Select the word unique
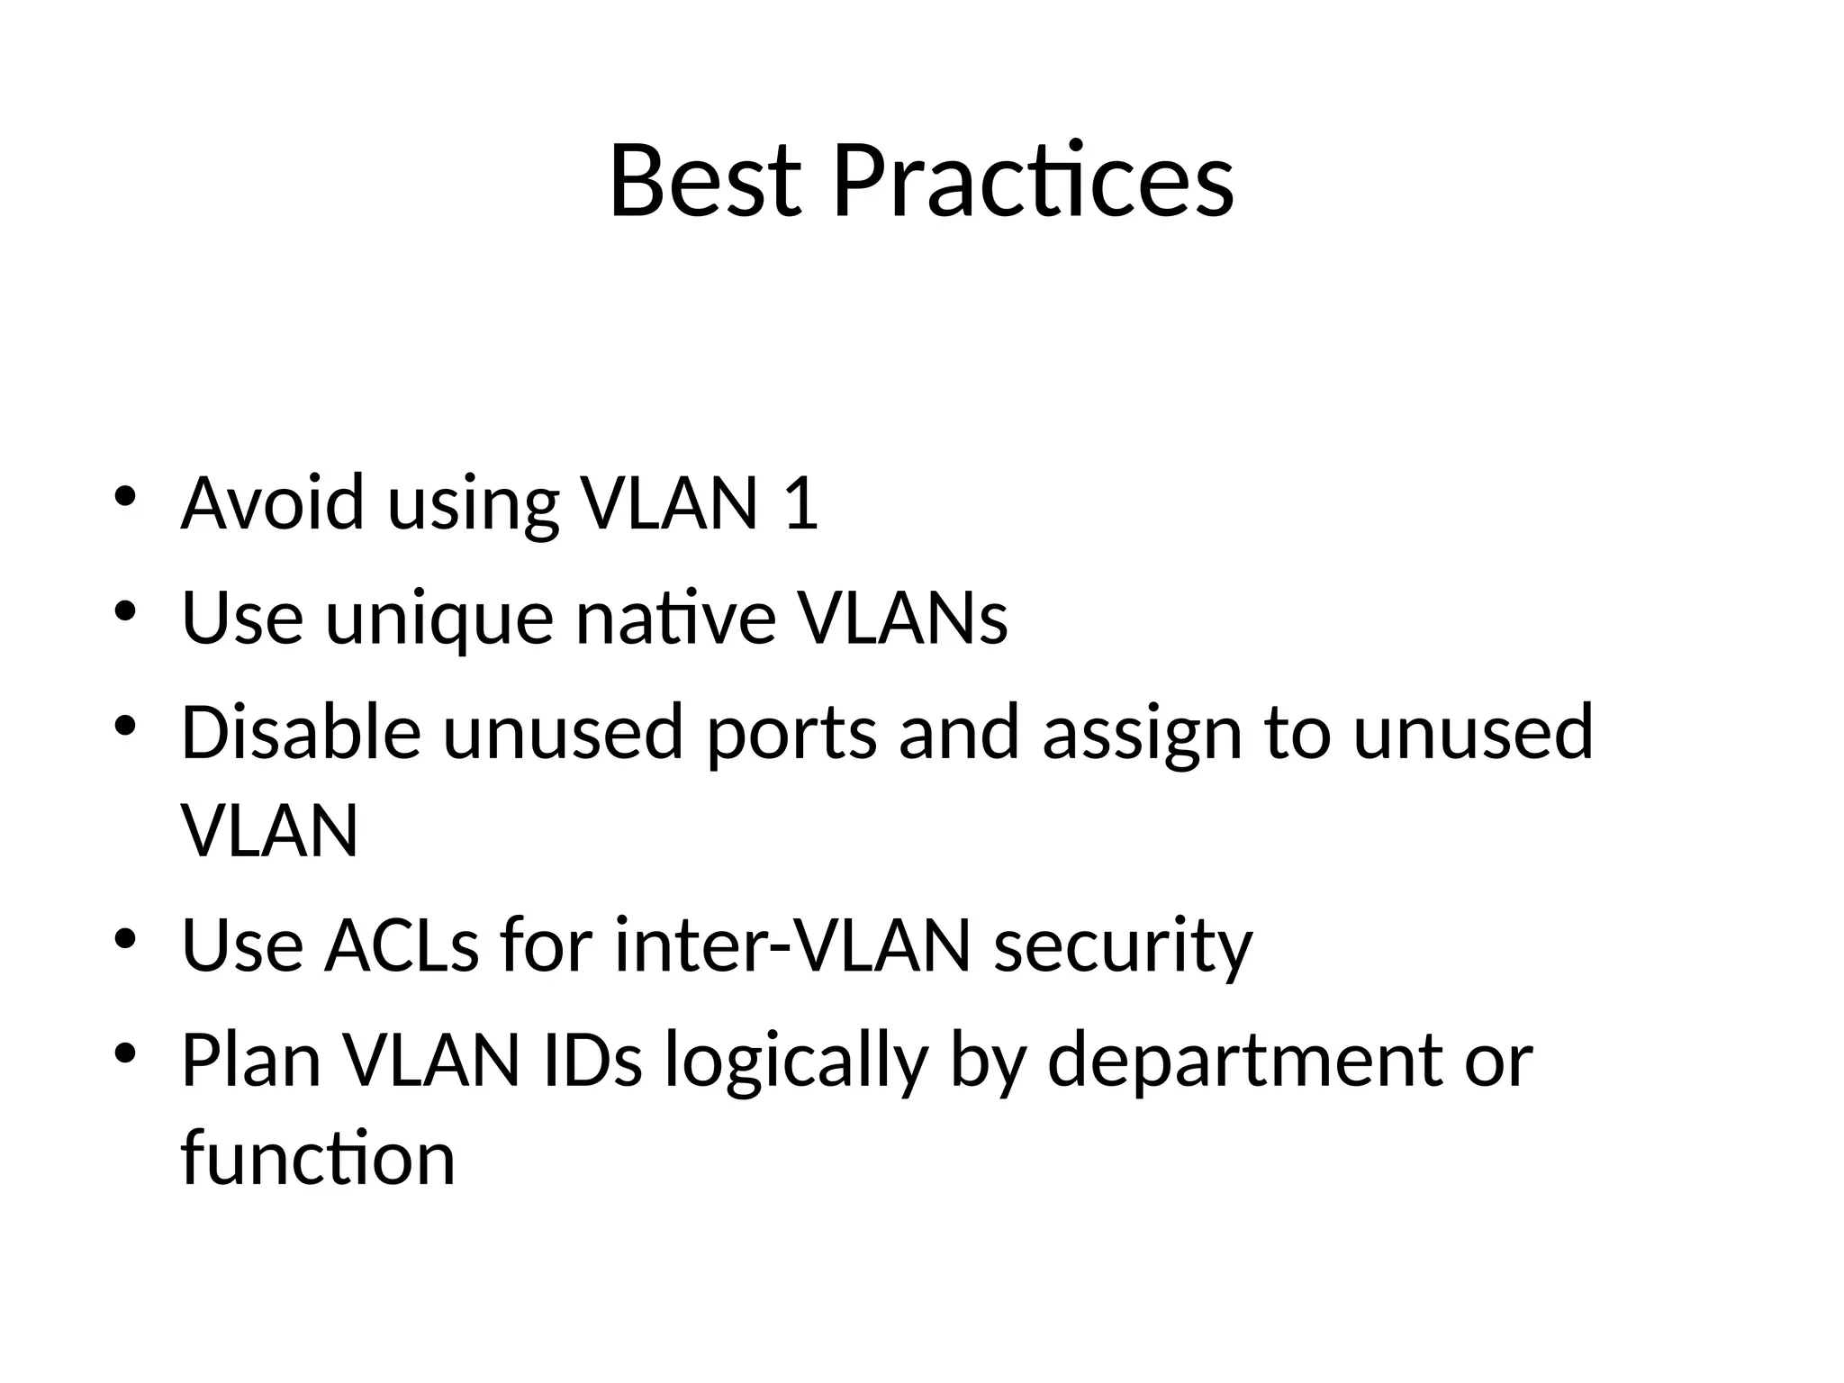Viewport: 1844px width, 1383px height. pyautogui.click(x=438, y=619)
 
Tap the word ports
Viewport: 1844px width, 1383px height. pyautogui.click(x=791, y=735)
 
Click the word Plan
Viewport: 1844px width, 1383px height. pyautogui.click(x=251, y=1060)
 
